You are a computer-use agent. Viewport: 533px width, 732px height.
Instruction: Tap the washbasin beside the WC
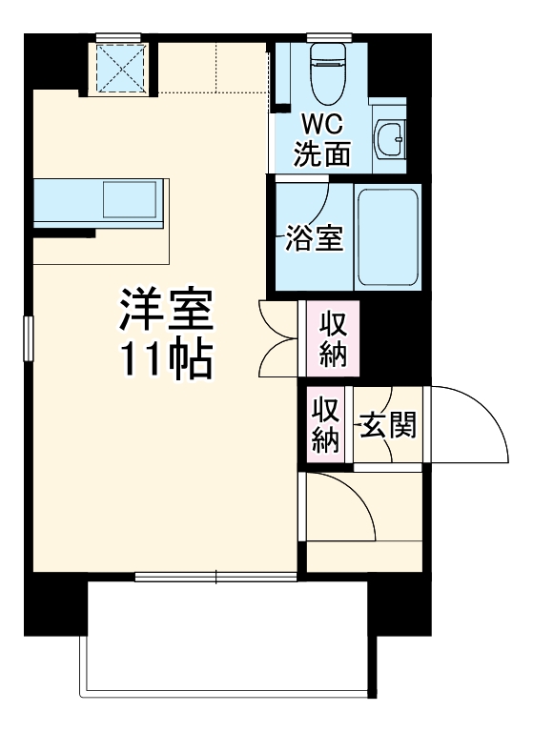coord(391,141)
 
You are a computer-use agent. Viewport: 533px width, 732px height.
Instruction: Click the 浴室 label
coord(315,238)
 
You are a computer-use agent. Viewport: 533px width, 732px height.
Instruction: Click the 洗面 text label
coord(320,154)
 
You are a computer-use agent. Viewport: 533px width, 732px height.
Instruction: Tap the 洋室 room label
coord(164,310)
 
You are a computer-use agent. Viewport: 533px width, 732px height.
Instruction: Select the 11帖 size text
coord(164,358)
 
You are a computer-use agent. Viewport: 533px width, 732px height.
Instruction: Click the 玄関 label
coord(387,426)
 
